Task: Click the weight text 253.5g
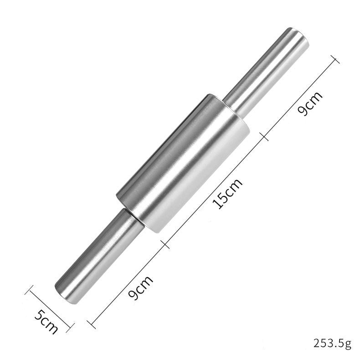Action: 332,343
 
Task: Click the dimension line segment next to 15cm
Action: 214,190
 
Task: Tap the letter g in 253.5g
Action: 349,344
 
